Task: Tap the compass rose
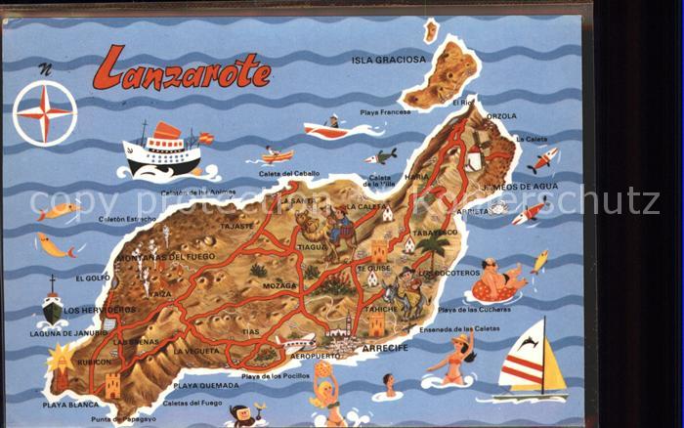click(44, 113)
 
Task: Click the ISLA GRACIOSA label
click(388, 60)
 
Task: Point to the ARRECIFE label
click(384, 348)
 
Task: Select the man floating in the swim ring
click(498, 280)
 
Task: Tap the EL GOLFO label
click(92, 278)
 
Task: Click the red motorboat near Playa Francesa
click(325, 128)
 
